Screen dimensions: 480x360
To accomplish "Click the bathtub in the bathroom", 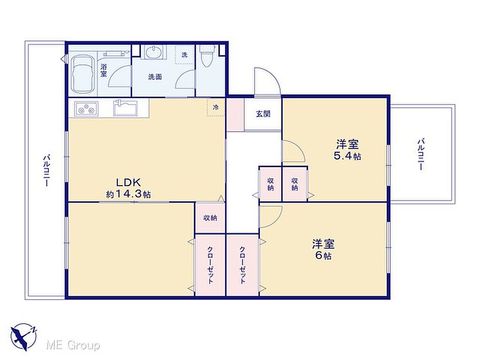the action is click(x=82, y=75).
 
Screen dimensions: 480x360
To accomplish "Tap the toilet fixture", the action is click(x=207, y=56).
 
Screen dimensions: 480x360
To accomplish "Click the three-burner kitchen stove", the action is click(x=87, y=109).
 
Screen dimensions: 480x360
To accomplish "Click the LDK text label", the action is click(x=128, y=182).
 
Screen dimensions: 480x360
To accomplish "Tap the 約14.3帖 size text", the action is click(x=128, y=195).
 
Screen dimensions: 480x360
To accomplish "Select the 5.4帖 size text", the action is click(x=347, y=156).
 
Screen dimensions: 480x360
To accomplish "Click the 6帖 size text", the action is click(x=323, y=255).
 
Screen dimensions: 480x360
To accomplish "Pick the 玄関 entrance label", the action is click(x=263, y=114).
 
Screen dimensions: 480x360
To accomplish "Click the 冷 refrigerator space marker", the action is click(x=216, y=107).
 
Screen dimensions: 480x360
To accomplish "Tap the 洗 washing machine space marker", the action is click(x=184, y=55).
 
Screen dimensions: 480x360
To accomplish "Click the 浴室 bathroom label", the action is click(x=104, y=70).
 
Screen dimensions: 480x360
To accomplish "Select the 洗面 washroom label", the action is click(x=155, y=77).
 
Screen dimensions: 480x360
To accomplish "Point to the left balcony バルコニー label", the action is click(x=46, y=170).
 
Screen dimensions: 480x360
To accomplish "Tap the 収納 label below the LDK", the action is click(x=210, y=218).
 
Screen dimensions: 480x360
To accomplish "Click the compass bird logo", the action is click(x=23, y=336).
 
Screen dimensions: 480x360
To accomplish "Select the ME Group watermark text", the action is click(x=73, y=345).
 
